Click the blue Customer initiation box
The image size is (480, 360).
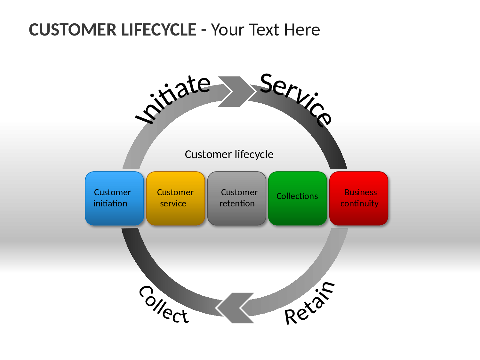114,198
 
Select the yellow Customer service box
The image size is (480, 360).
175,198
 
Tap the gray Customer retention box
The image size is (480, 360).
236,198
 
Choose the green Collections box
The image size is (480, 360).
298,198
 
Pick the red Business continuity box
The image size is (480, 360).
359,198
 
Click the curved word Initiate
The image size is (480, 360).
173,100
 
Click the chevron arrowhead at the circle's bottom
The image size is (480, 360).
235,308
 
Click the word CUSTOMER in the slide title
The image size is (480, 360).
73,30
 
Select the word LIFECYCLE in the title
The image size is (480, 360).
158,30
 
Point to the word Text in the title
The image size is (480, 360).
264,30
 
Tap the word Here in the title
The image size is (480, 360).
302,30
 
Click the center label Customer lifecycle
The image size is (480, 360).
229,155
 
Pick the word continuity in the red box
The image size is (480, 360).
359,204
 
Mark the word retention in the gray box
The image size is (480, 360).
237,204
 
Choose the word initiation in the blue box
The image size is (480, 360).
110,203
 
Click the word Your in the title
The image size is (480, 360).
228,30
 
